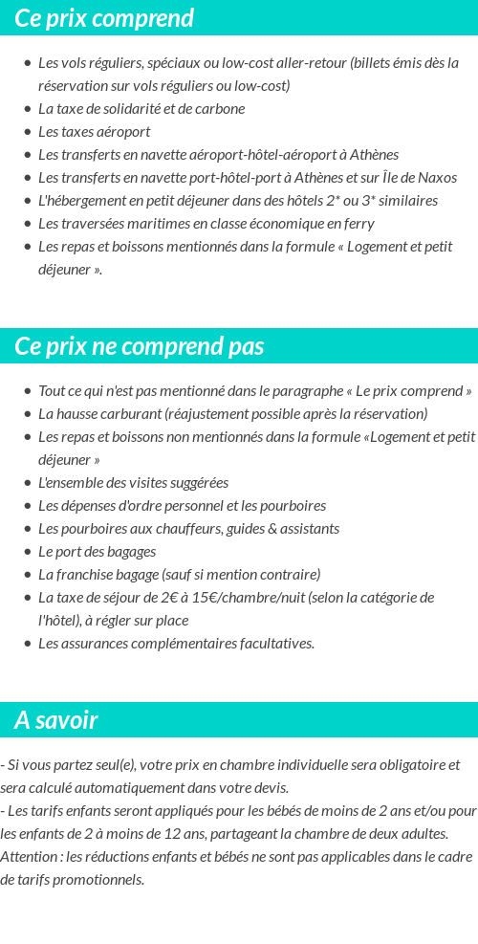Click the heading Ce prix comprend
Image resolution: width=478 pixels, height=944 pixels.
pyautogui.click(x=104, y=18)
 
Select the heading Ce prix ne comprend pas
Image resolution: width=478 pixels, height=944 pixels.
pyautogui.click(x=140, y=346)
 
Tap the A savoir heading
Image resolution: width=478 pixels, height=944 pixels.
pyautogui.click(x=56, y=720)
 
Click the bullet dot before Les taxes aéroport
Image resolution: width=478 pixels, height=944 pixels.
pyautogui.click(x=27, y=132)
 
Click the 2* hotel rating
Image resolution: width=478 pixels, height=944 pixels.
pyautogui.click(x=351, y=201)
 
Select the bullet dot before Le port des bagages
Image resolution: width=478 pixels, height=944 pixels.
pyautogui.click(x=27, y=552)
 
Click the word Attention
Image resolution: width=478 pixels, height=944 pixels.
pyautogui.click(x=29, y=857)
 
